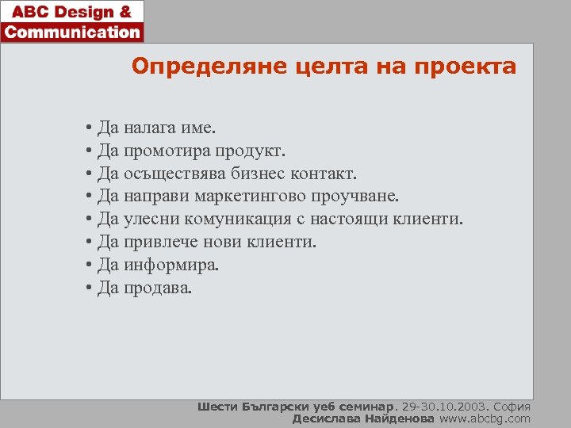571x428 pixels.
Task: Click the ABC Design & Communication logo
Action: [72, 21]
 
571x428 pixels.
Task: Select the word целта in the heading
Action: [291, 66]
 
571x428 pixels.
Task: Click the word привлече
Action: [158, 242]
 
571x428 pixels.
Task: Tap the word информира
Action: [171, 265]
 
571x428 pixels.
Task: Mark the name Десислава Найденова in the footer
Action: [363, 418]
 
